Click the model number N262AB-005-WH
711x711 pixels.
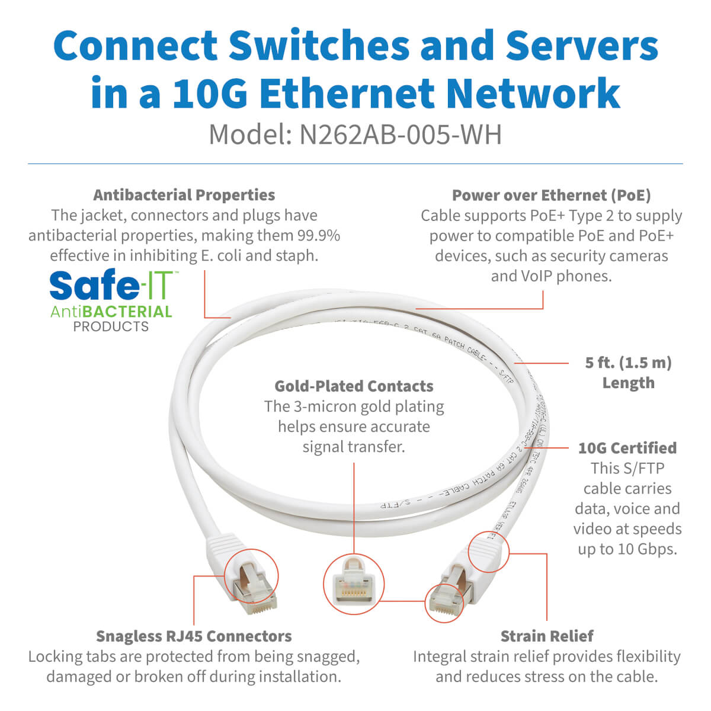point(401,134)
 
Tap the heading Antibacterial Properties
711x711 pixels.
point(184,195)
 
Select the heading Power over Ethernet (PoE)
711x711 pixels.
point(551,196)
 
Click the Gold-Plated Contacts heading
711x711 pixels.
point(354,386)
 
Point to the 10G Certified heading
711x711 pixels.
point(627,448)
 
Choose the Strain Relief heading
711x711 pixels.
point(546,636)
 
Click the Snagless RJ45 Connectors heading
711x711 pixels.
point(194,636)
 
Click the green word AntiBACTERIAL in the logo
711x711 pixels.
point(111,312)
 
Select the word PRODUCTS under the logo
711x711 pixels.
point(111,326)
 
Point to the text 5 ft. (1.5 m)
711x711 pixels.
point(628,363)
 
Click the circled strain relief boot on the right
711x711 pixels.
point(488,552)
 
